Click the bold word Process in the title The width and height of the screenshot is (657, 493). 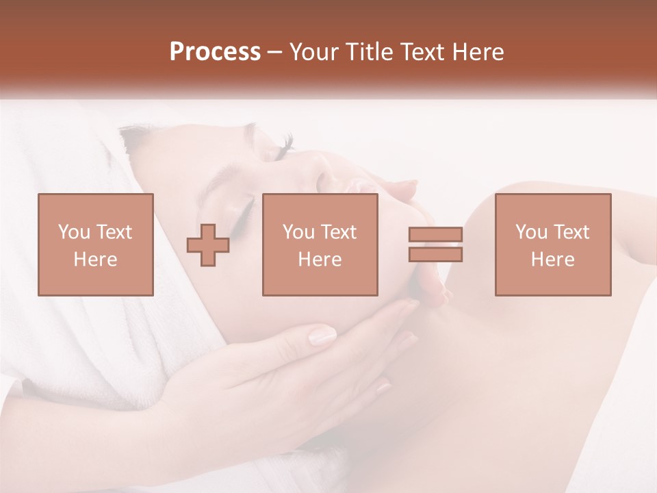[x=215, y=52]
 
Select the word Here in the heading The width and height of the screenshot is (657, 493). [x=477, y=52]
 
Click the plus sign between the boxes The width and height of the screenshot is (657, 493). [x=208, y=244]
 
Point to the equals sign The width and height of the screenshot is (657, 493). [x=435, y=244]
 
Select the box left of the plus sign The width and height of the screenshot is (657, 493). [x=96, y=244]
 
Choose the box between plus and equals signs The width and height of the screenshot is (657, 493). [x=320, y=244]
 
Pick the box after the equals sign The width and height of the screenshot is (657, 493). [x=553, y=244]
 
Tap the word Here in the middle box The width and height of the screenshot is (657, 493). [x=320, y=260]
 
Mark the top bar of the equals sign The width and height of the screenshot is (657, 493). [x=435, y=235]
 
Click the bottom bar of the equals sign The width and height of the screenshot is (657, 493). [x=435, y=254]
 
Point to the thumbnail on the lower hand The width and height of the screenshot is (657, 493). [x=322, y=336]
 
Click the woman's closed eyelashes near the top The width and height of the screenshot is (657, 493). [x=286, y=144]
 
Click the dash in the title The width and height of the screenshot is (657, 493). [x=275, y=52]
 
